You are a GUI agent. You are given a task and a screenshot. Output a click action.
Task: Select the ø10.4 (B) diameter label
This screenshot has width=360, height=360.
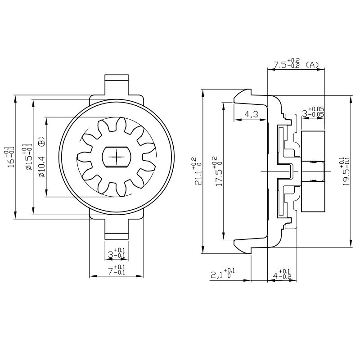click(x=42, y=157)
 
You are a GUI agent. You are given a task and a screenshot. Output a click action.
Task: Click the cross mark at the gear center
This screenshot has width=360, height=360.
click(x=117, y=156)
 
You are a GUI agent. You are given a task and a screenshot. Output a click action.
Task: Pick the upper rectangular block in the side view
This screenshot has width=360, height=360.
click(x=312, y=145)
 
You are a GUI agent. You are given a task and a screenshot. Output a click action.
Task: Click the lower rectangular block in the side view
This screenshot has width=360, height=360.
click(x=312, y=196)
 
